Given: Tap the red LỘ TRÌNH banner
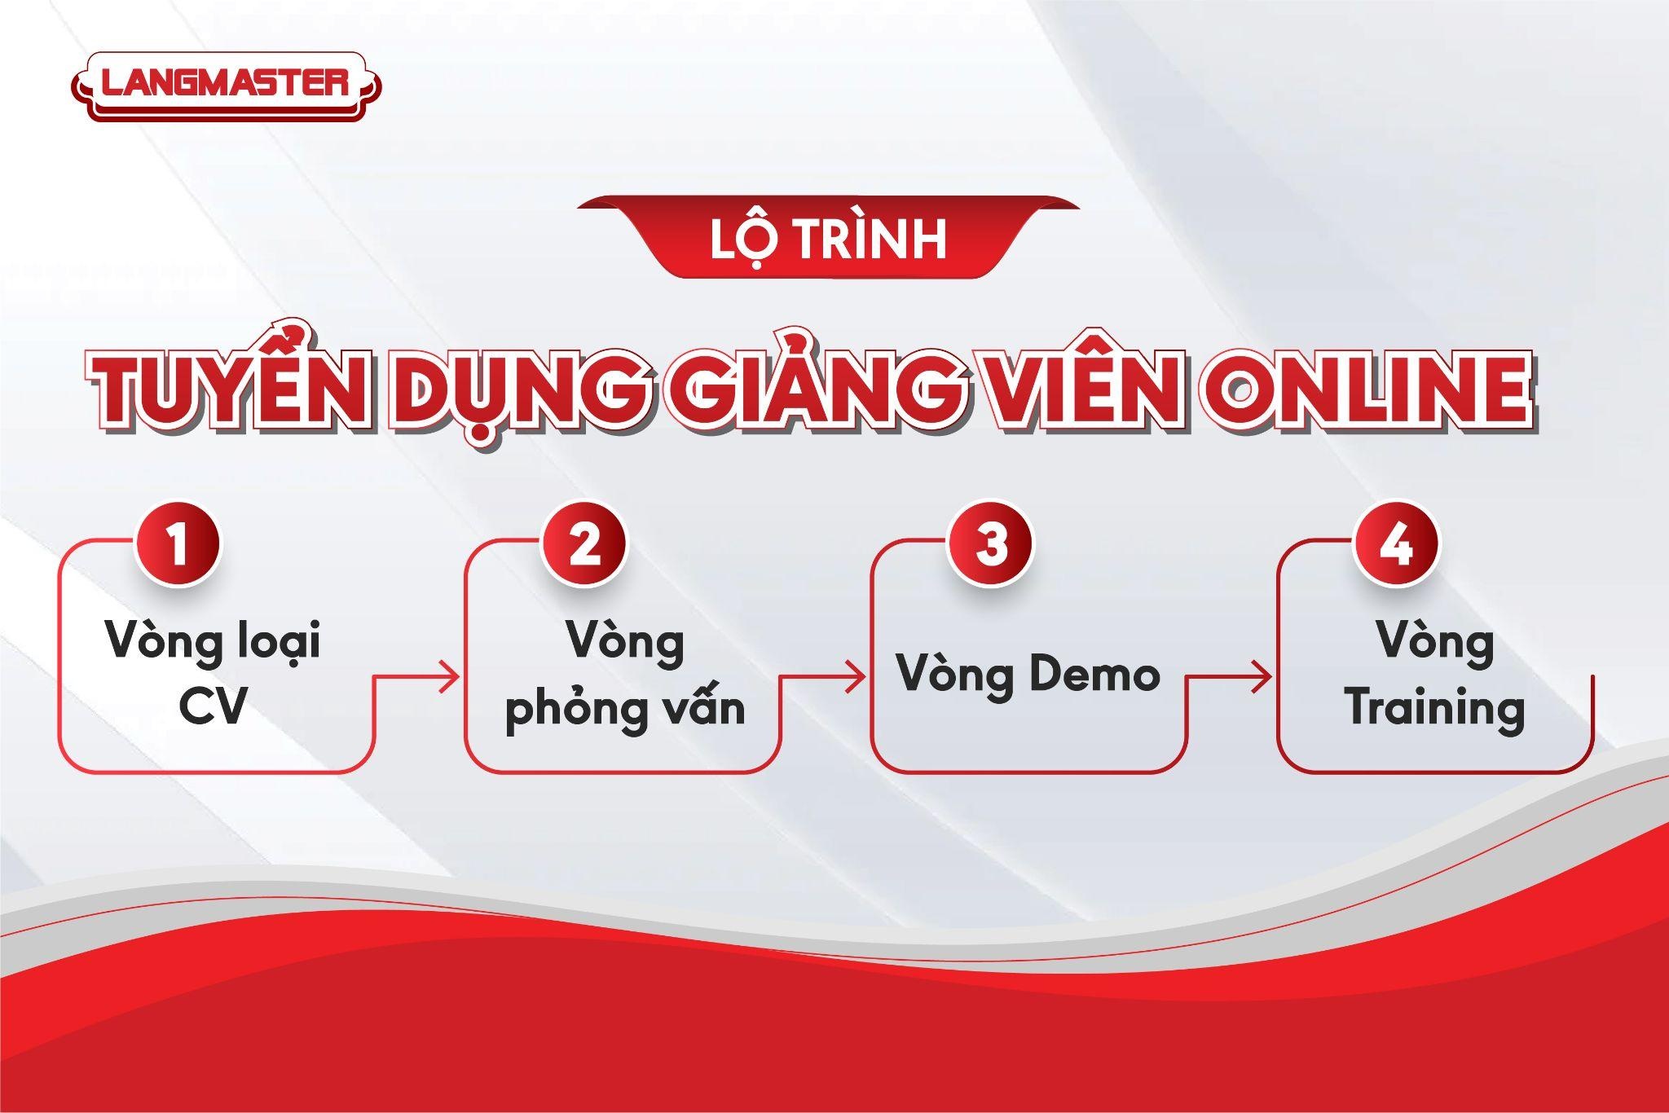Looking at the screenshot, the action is pyautogui.click(x=828, y=236).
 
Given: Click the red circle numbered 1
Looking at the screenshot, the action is pyautogui.click(x=179, y=544).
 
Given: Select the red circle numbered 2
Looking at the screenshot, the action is pyautogui.click(x=585, y=544).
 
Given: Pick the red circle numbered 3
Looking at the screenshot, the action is pyautogui.click(x=991, y=544).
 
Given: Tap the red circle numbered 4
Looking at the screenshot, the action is pyautogui.click(x=1396, y=544).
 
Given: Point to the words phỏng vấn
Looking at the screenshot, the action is pyautogui.click(x=626, y=708).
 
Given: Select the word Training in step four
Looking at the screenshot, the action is pyautogui.click(x=1435, y=706).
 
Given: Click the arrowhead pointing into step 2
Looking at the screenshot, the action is pyautogui.click(x=451, y=675).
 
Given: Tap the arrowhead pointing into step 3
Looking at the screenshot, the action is pyautogui.click(x=856, y=675).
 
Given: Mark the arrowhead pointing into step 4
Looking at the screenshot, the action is pyautogui.click(x=1262, y=675).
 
